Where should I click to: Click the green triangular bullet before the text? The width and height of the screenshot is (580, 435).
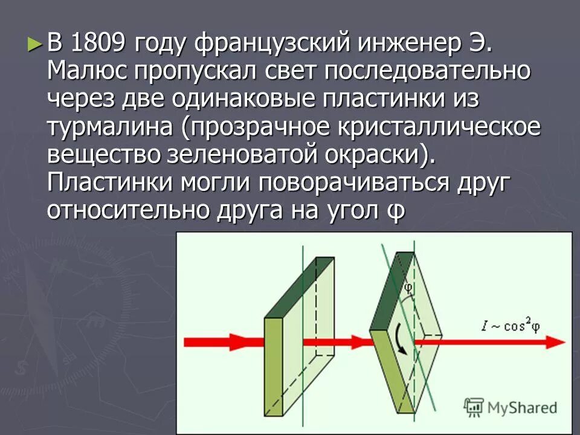point(36,43)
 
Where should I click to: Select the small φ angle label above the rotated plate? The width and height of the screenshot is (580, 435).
point(409,288)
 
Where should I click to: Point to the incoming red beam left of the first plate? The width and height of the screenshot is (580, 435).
point(224,341)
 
